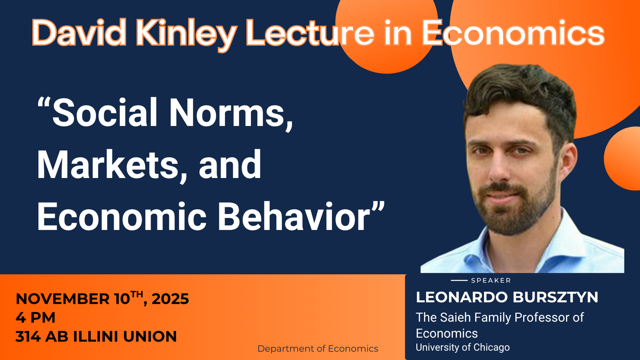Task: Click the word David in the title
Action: (x=79, y=33)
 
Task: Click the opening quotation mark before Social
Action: (x=44, y=103)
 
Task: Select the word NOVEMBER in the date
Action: (x=63, y=299)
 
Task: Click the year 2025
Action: (x=170, y=299)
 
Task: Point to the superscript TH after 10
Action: (x=137, y=294)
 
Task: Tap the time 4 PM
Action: (x=36, y=317)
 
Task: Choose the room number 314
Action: (x=28, y=337)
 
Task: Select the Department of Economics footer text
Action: (x=318, y=349)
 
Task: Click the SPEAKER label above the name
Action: (x=491, y=280)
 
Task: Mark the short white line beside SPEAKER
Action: (x=459, y=280)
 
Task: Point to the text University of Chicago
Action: (x=463, y=347)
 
